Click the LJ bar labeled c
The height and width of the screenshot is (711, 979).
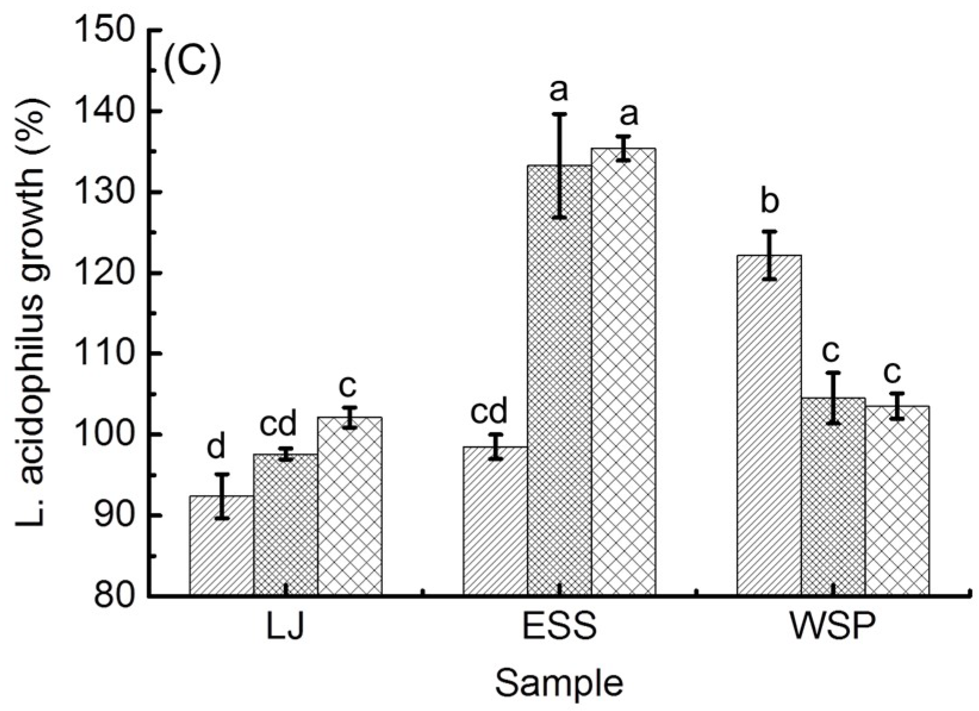350,506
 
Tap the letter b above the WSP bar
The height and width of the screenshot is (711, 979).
769,202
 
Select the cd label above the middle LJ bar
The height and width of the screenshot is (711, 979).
278,424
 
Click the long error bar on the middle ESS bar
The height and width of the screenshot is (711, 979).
560,165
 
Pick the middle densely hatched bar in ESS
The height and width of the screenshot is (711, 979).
560,381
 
